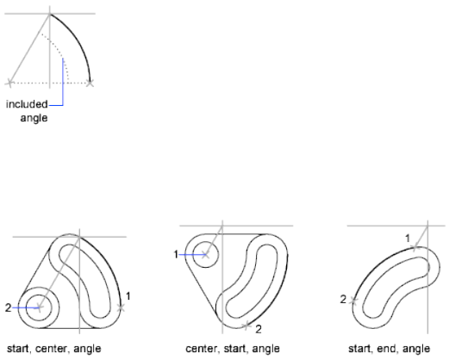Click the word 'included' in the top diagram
(x=27, y=104)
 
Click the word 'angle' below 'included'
(x=34, y=118)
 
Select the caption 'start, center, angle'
(x=54, y=349)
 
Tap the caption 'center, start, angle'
(x=233, y=349)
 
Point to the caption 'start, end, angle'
(x=389, y=349)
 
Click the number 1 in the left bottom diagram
(x=128, y=296)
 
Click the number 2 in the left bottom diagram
(x=8, y=308)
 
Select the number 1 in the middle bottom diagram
(x=176, y=254)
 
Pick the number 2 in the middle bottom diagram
(x=259, y=329)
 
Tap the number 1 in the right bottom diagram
(x=408, y=239)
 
